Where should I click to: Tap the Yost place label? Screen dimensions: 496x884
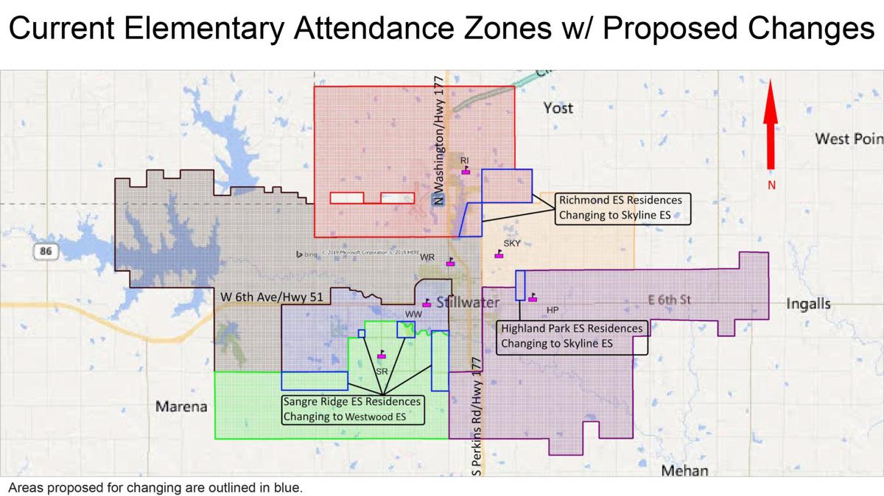click(x=558, y=108)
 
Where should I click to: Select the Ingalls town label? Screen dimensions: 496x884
click(x=808, y=303)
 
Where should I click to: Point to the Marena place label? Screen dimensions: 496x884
click(x=181, y=406)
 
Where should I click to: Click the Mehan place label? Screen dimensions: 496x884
click(x=684, y=471)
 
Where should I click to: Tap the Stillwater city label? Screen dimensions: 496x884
click(x=469, y=302)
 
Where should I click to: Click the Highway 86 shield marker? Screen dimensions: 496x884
click(x=46, y=252)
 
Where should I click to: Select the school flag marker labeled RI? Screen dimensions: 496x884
click(x=466, y=171)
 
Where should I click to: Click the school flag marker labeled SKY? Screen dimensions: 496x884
click(x=499, y=254)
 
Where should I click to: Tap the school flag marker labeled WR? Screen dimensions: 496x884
click(x=451, y=261)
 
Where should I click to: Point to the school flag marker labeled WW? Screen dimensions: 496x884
click(x=427, y=302)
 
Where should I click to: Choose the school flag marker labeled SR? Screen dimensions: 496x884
click(x=381, y=355)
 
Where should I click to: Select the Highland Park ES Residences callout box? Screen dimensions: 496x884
click(x=572, y=336)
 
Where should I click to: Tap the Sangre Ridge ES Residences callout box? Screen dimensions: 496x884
click(x=352, y=410)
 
